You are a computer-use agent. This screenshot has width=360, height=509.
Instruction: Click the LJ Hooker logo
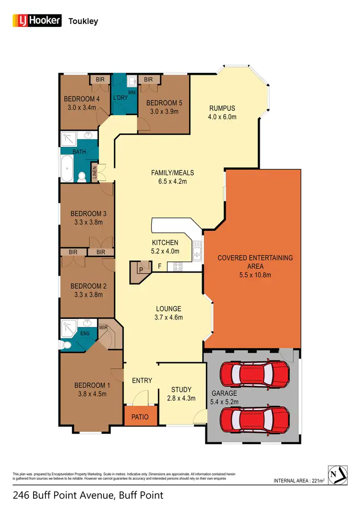(x=36, y=21)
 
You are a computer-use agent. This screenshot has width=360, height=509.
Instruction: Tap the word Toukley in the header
(x=84, y=21)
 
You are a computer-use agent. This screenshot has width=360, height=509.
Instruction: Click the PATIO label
(x=140, y=417)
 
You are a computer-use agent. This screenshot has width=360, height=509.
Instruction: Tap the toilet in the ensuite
(x=66, y=344)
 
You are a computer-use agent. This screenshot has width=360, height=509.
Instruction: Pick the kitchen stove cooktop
(x=177, y=266)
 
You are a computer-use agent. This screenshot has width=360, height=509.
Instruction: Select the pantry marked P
(x=141, y=269)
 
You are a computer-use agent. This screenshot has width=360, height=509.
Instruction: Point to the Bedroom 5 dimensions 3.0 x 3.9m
(x=162, y=112)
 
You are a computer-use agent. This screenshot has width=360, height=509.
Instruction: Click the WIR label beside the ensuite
(x=103, y=328)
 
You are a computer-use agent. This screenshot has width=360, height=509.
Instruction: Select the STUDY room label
(x=181, y=390)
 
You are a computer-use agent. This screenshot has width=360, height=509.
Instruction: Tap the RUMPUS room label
(x=221, y=108)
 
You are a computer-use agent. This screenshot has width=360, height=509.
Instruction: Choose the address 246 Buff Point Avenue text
(x=67, y=496)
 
